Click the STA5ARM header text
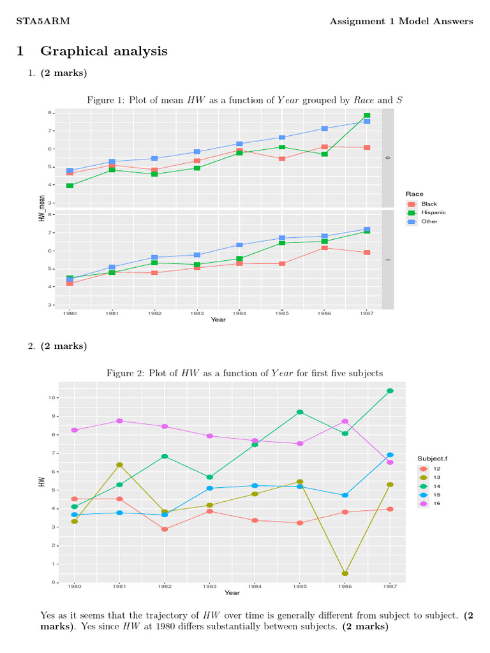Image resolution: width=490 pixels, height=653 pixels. click(43, 22)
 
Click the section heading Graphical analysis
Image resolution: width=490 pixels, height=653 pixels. click(104, 51)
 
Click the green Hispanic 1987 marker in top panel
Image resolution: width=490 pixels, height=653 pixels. click(367, 116)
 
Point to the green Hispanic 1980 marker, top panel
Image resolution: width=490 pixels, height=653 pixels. click(70, 186)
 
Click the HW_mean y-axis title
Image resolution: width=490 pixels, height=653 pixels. click(41, 208)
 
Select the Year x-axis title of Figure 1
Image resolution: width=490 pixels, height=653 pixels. click(218, 319)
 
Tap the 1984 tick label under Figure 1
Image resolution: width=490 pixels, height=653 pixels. click(239, 313)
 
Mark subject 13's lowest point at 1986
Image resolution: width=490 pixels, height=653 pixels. click(345, 573)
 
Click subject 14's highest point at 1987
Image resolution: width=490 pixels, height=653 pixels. click(390, 391)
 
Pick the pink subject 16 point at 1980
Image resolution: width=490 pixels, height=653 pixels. click(75, 430)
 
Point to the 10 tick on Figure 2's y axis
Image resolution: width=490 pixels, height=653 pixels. click(51, 397)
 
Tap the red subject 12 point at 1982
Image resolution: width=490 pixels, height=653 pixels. click(165, 529)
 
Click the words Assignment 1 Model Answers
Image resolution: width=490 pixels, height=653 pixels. click(401, 22)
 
